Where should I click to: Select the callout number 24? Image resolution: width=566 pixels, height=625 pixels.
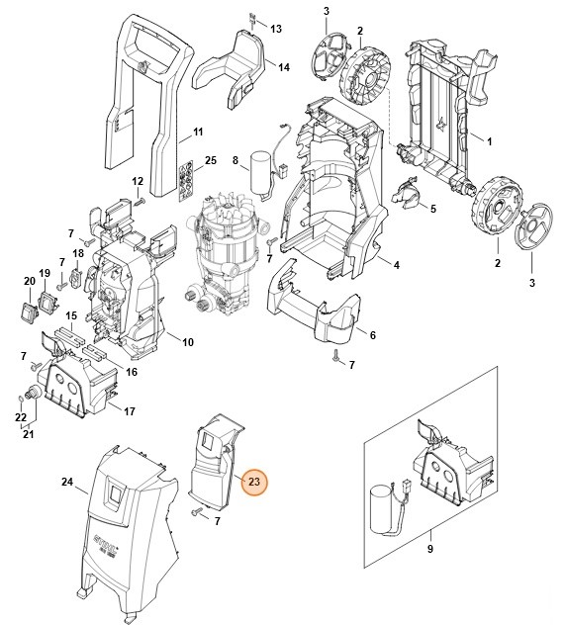coord(67,483)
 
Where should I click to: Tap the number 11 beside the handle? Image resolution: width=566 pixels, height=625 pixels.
coord(198,132)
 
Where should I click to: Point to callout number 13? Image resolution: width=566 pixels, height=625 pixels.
coord(275,29)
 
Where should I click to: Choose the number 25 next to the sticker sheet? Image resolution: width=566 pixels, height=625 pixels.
coord(210,160)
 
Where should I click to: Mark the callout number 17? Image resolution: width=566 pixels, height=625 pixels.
coord(128,409)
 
